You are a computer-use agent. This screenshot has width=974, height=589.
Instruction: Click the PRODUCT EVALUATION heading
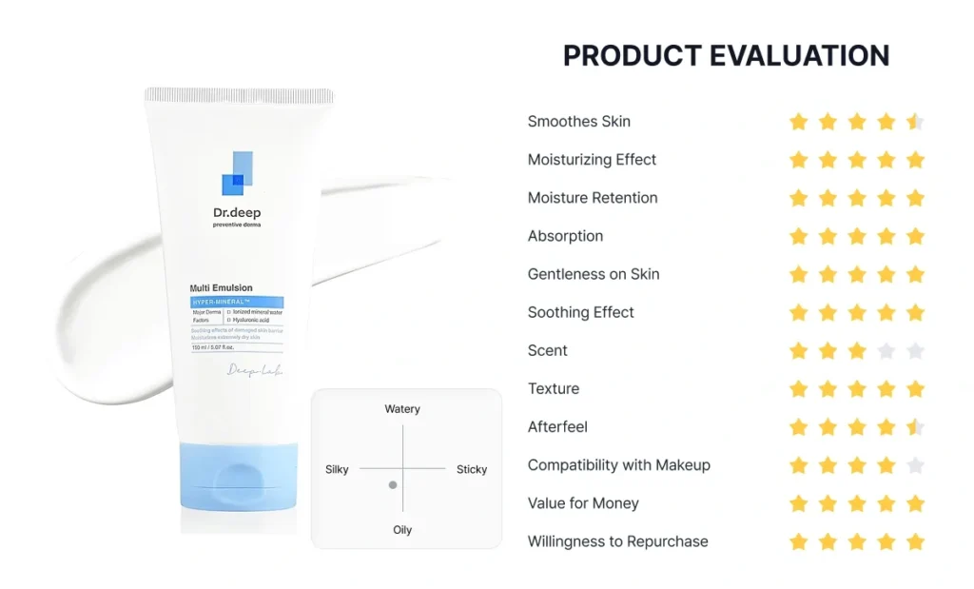point(726,56)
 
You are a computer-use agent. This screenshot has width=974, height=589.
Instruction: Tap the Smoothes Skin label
point(578,122)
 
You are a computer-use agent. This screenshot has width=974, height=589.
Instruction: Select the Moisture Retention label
point(593,198)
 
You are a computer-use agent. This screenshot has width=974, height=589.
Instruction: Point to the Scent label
point(547,350)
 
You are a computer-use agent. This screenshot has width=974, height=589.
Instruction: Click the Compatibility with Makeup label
point(618,465)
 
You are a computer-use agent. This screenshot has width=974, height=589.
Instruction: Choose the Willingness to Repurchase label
point(617,541)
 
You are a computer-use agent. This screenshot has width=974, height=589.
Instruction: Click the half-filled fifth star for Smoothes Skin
point(915,122)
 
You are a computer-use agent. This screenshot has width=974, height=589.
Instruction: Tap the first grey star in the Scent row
point(886,351)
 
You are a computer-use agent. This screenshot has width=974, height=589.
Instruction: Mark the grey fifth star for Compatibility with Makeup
point(915,465)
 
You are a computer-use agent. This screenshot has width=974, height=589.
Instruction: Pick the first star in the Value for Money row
point(799,503)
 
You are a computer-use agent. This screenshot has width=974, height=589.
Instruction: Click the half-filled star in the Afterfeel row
point(915,427)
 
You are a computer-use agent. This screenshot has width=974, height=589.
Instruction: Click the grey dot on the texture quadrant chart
point(392,485)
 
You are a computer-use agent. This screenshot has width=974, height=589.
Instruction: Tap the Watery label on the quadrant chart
point(402,409)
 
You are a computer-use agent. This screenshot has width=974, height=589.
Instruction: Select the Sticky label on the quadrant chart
point(471,469)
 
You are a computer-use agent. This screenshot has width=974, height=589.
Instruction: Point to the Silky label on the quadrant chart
point(337,469)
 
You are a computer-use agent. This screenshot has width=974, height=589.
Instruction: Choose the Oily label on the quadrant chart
point(402,530)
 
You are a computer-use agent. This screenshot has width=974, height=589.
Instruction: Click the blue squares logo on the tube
point(237,172)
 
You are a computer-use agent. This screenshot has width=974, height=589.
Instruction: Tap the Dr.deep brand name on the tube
point(237,212)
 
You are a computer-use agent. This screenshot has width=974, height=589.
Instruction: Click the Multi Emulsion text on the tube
point(222,288)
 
